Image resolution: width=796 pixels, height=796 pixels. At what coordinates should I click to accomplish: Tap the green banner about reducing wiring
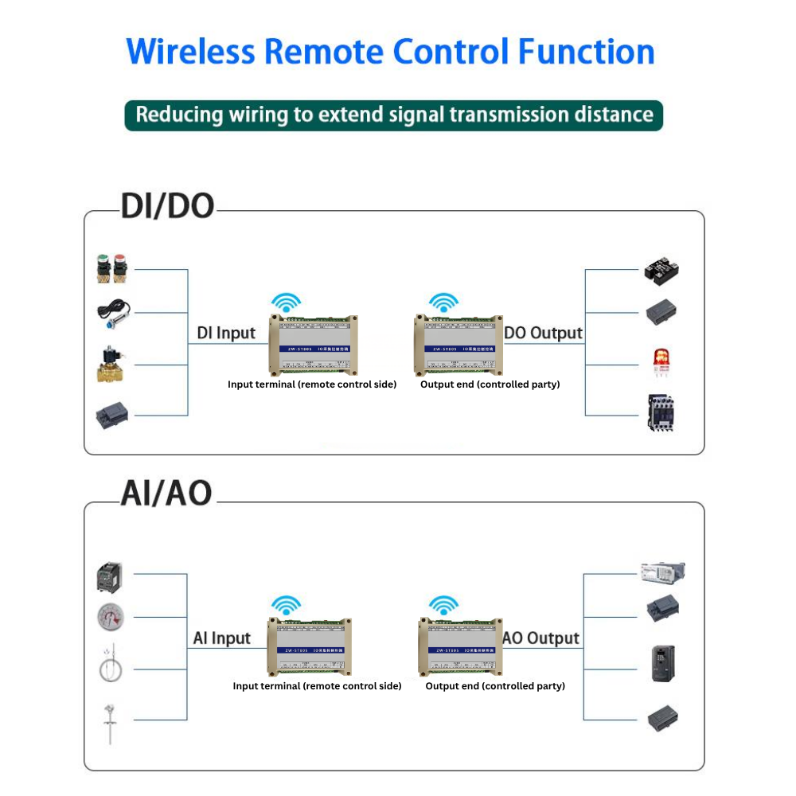(x=394, y=115)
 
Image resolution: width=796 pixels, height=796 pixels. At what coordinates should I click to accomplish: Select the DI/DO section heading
(x=167, y=206)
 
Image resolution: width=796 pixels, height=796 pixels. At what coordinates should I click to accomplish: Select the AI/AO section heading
(x=166, y=494)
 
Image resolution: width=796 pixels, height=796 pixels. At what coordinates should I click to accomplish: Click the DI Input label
(x=226, y=334)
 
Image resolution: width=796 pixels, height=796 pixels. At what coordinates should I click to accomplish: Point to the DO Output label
(x=544, y=334)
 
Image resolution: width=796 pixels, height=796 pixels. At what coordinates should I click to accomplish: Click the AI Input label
(x=221, y=638)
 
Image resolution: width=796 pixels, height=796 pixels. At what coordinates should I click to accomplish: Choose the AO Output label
(x=541, y=638)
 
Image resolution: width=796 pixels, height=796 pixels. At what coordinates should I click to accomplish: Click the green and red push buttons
(x=112, y=269)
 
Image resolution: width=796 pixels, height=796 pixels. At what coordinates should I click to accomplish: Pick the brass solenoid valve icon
(x=112, y=365)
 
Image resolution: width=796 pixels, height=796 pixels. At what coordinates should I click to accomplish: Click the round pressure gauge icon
(x=110, y=616)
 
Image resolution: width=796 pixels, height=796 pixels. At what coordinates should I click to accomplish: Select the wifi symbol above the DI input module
(x=286, y=302)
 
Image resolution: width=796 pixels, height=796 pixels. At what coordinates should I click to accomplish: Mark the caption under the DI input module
(x=312, y=384)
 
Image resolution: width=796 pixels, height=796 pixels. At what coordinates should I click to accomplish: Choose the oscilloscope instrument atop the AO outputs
(x=662, y=571)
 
